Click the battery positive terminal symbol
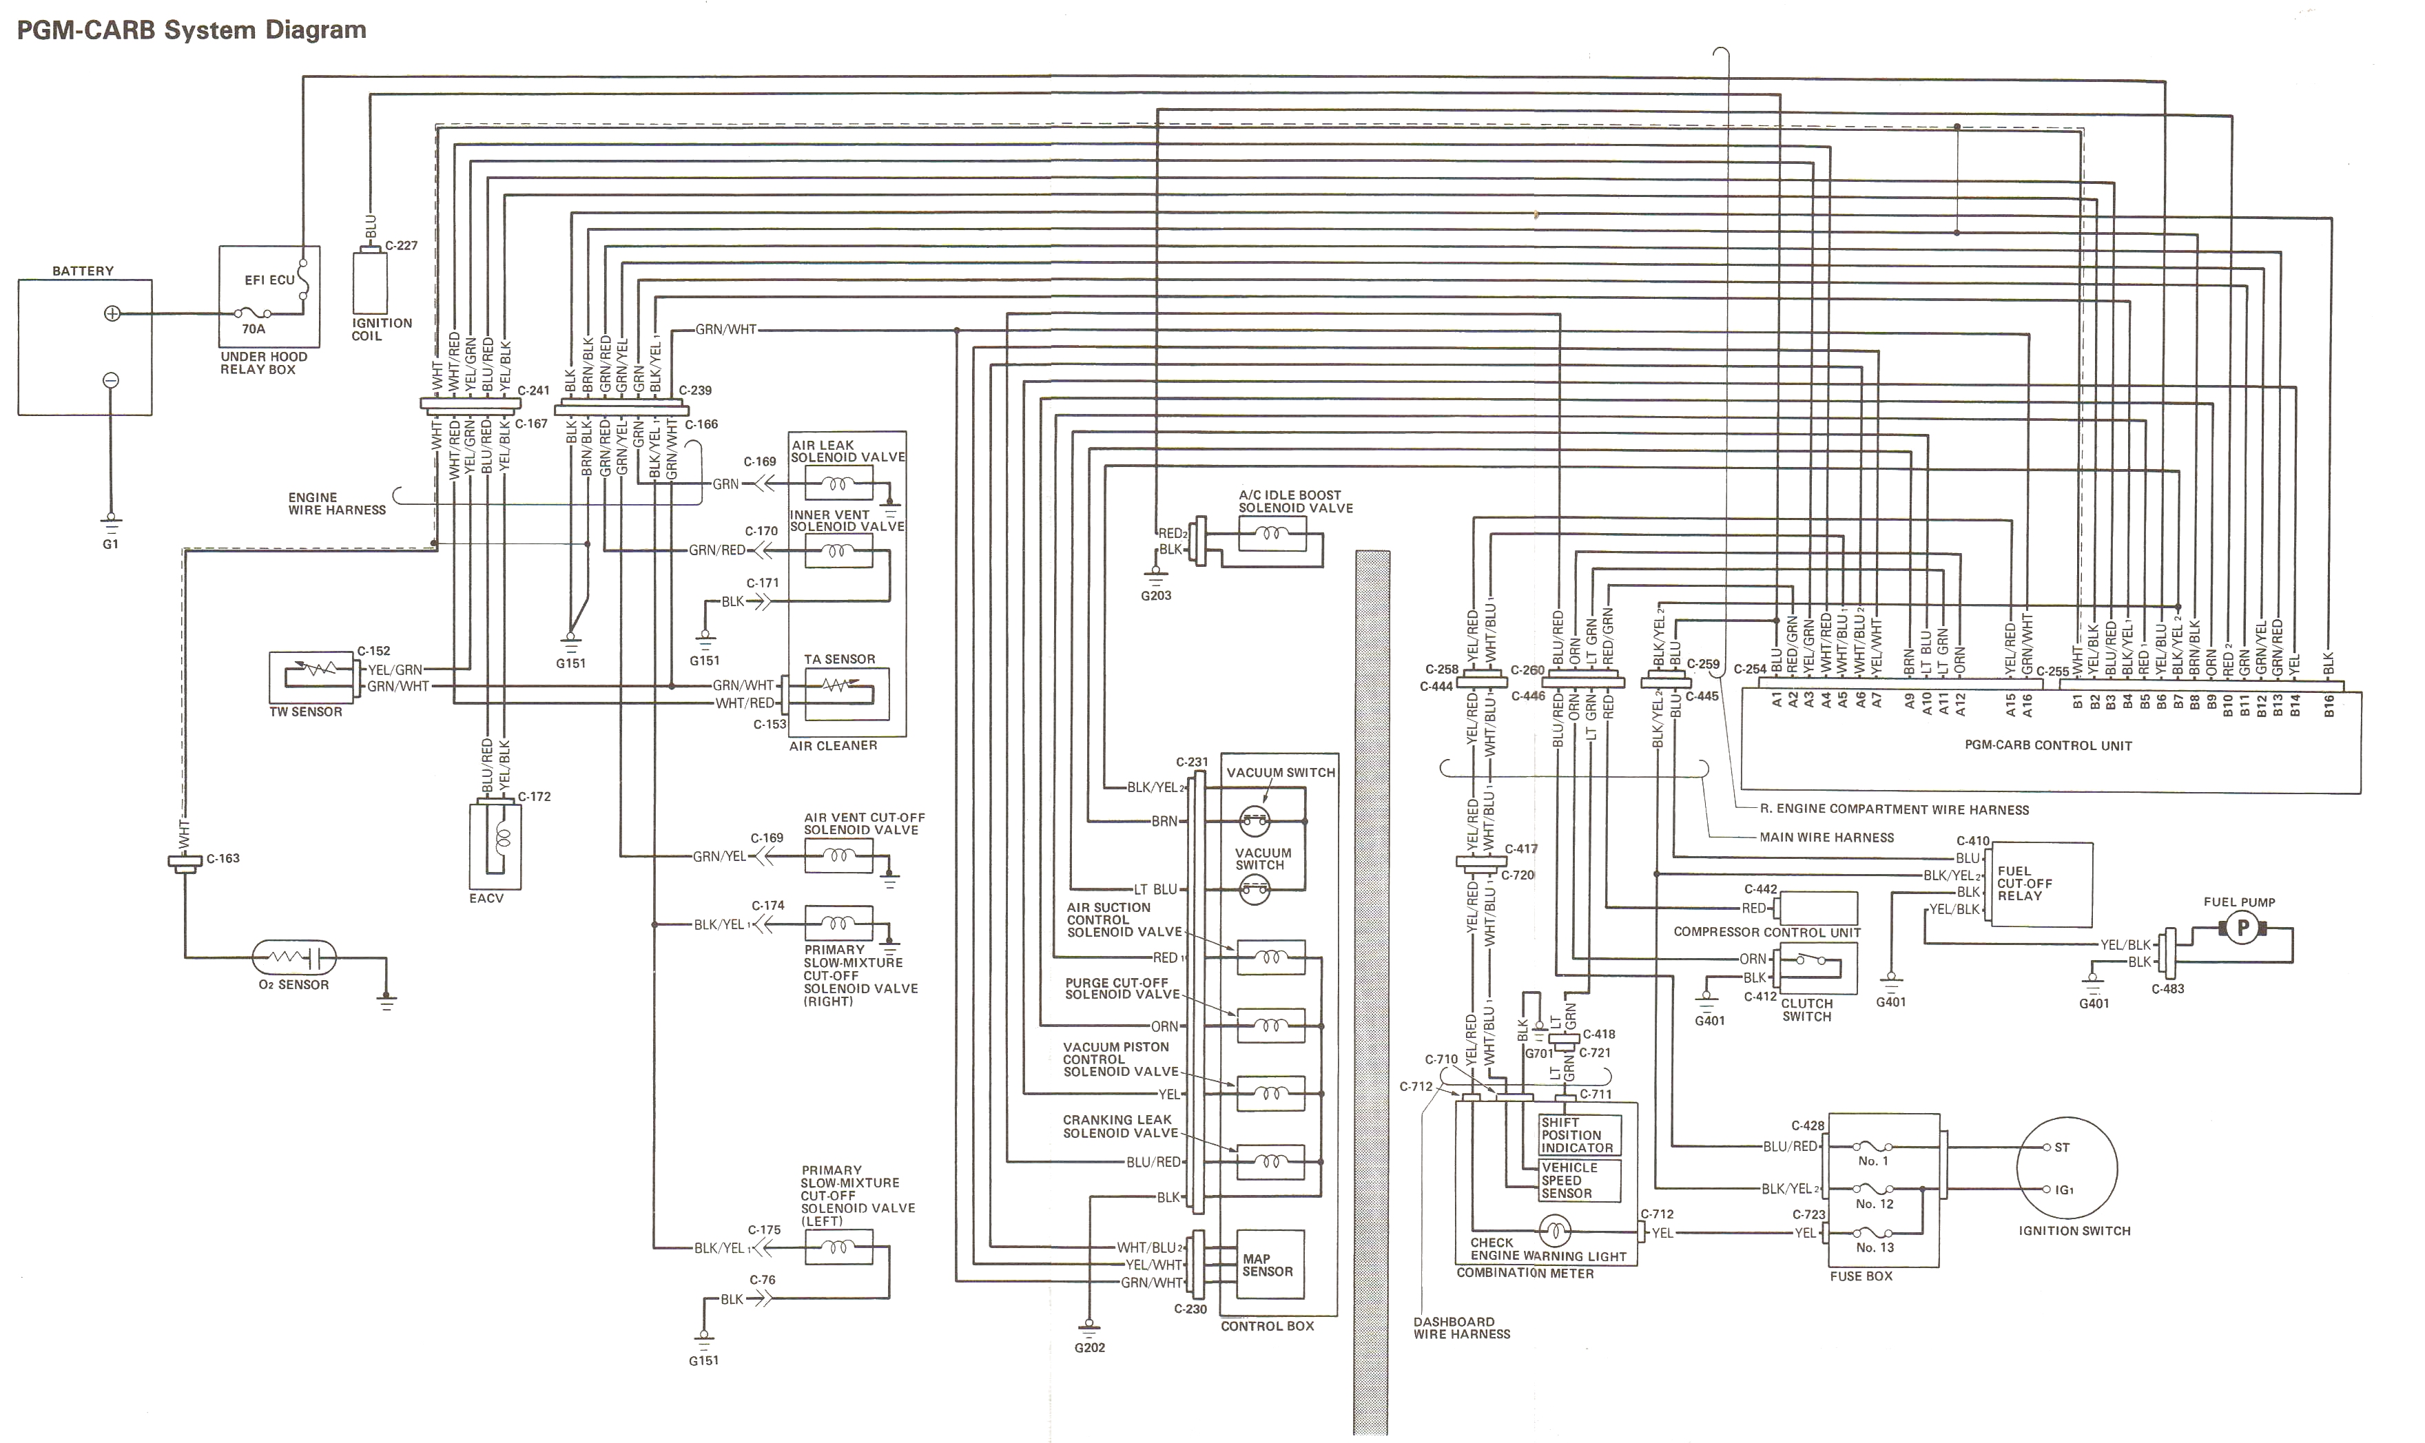112,313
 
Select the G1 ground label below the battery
111,545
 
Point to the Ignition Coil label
381,329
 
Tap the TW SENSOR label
305,712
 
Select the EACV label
486,897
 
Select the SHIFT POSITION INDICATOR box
1578,1134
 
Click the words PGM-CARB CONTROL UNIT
2047,746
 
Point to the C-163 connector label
223,859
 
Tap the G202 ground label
1090,1348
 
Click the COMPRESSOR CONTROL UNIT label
1766,931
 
